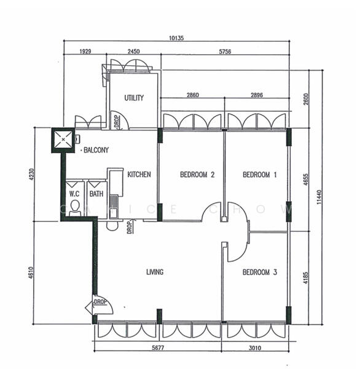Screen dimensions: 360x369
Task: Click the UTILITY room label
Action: click(x=134, y=98)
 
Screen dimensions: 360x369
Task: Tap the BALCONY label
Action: click(x=96, y=150)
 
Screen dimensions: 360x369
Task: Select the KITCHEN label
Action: click(x=139, y=175)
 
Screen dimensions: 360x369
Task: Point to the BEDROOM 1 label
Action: click(x=260, y=175)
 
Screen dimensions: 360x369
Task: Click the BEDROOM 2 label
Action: click(x=197, y=175)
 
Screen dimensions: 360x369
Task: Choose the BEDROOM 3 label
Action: click(x=260, y=272)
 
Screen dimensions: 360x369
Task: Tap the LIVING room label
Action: click(x=155, y=272)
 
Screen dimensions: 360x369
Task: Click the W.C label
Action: click(x=74, y=194)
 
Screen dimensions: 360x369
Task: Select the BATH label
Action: click(x=96, y=194)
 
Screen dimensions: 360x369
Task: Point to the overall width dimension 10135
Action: click(x=176, y=38)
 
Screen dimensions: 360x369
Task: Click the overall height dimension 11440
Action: click(x=319, y=197)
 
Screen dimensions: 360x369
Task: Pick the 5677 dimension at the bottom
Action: click(x=158, y=347)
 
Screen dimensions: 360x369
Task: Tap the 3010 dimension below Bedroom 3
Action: click(x=255, y=347)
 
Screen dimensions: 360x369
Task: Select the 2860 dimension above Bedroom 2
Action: click(x=192, y=95)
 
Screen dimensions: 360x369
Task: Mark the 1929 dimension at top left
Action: click(x=85, y=51)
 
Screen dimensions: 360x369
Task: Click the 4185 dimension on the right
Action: click(x=306, y=278)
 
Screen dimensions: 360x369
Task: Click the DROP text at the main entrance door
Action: click(x=100, y=301)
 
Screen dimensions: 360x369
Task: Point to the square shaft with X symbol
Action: click(x=63, y=140)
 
